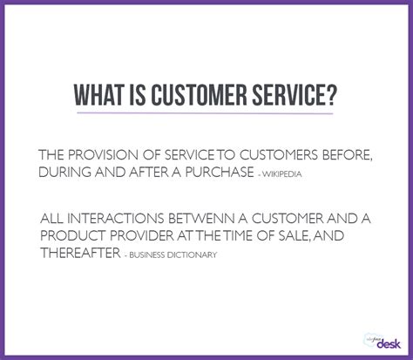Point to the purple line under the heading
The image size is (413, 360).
point(206,113)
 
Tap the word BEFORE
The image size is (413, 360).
point(353,154)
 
